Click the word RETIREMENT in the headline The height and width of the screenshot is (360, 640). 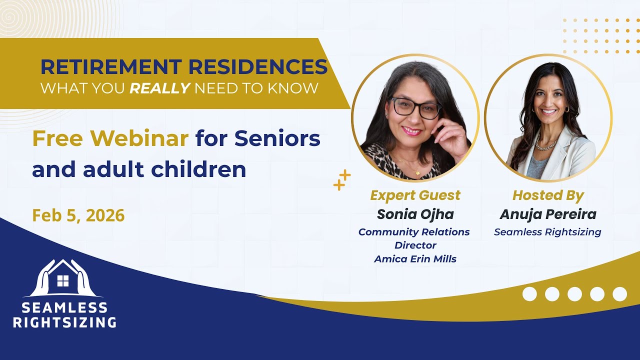[x=111, y=66]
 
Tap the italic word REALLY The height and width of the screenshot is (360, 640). [x=159, y=88]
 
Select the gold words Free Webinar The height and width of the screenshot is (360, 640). [x=110, y=138]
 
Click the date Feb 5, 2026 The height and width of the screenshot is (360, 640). [x=78, y=215]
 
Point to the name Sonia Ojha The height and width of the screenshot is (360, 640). [x=415, y=214]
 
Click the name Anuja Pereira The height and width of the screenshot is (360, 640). [x=548, y=214]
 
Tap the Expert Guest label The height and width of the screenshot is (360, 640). [x=415, y=195]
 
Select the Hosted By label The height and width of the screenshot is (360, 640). [x=548, y=195]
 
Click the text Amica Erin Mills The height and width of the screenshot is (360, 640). [x=415, y=259]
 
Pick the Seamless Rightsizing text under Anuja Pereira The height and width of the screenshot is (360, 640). [x=547, y=232]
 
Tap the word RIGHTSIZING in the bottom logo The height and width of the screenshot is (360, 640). [x=64, y=322]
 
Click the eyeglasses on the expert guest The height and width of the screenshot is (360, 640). [x=416, y=108]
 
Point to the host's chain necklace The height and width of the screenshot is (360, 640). [x=546, y=142]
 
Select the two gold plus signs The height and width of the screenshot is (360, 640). [x=342, y=180]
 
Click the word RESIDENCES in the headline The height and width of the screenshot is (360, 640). [x=258, y=66]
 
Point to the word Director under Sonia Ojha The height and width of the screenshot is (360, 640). [x=415, y=245]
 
